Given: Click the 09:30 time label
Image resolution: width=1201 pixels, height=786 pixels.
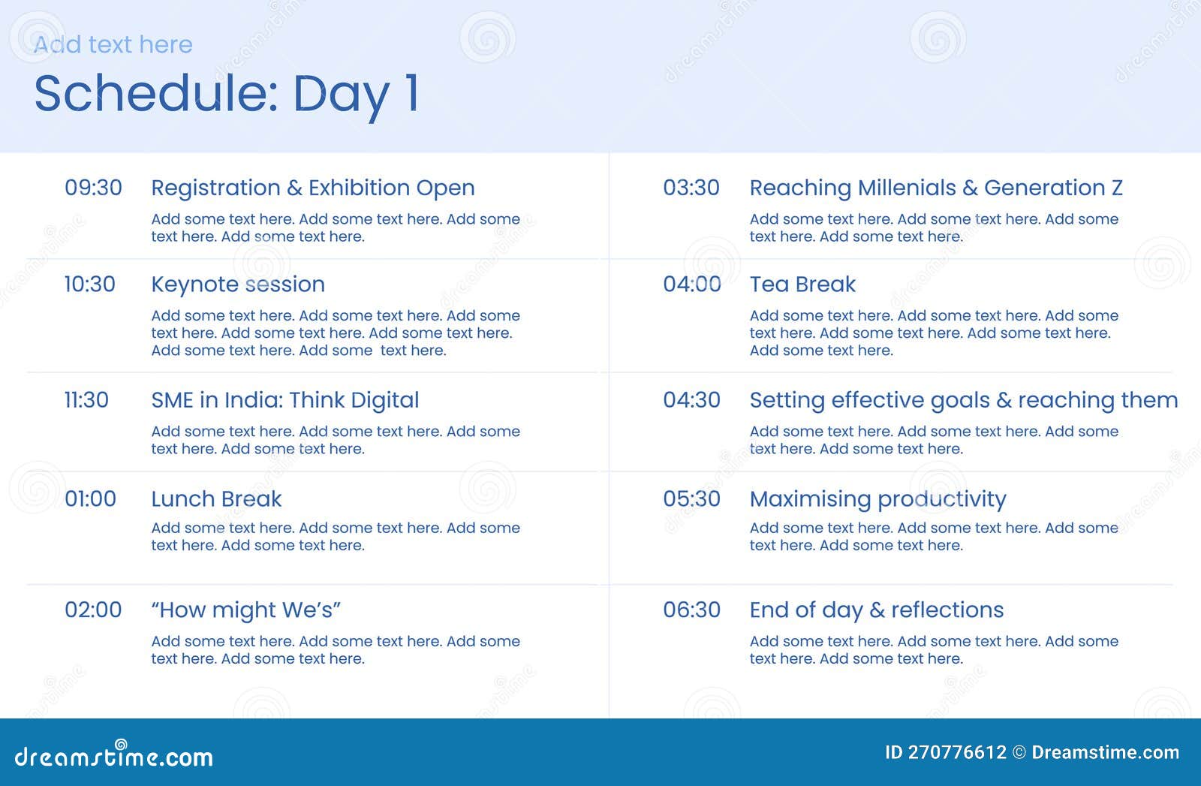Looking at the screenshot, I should click(x=93, y=188).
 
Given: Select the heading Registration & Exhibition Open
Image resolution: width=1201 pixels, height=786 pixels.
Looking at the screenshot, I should click(x=312, y=188).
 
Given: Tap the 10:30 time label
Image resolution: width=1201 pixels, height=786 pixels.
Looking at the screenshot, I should click(x=89, y=285).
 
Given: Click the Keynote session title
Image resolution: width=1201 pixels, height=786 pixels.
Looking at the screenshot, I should click(x=237, y=285).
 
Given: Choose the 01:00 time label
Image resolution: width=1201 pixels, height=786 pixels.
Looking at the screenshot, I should click(x=90, y=499).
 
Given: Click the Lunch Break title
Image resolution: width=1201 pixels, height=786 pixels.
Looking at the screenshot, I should click(x=216, y=499).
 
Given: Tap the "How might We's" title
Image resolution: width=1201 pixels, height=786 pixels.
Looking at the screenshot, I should click(x=245, y=610).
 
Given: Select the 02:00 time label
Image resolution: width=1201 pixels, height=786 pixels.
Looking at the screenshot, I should click(x=93, y=610).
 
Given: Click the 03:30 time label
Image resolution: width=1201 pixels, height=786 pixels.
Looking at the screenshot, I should click(x=691, y=188).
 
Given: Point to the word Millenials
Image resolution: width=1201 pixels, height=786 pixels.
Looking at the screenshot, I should click(x=907, y=188).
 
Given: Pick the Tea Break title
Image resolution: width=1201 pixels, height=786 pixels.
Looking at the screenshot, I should click(x=802, y=285).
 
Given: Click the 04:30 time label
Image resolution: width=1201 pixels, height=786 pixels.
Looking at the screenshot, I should click(x=691, y=400).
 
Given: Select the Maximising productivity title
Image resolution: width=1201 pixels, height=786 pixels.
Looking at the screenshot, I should click(x=877, y=499).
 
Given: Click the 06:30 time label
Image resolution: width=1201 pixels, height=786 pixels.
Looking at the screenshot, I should click(x=691, y=610).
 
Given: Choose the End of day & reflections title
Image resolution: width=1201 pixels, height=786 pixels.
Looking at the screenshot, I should click(x=876, y=610).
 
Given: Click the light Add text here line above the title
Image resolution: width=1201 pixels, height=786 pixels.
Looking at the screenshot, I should click(x=113, y=45).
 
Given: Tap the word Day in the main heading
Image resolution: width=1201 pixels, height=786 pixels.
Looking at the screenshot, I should click(x=341, y=95).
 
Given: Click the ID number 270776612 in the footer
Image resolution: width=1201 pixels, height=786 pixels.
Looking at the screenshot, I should click(x=956, y=752).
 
